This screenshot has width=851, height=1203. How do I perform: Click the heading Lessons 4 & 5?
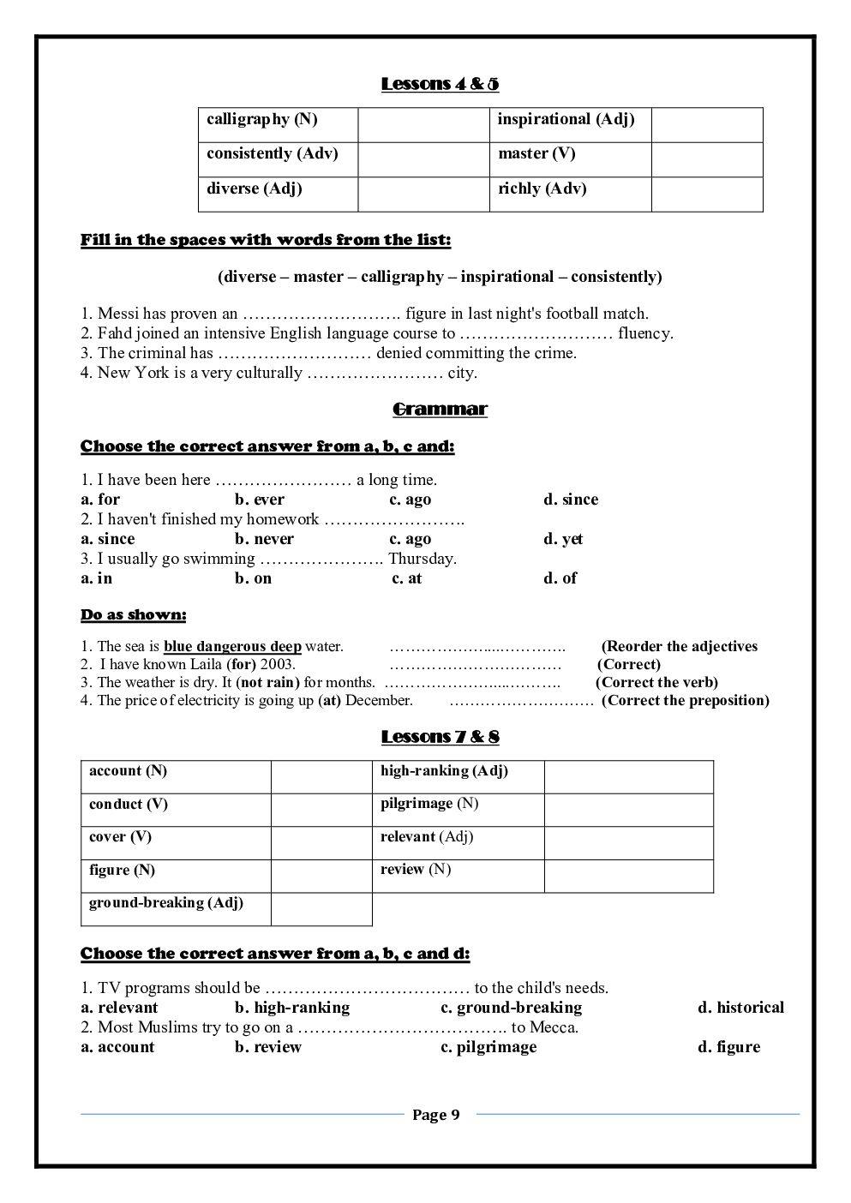[x=440, y=84]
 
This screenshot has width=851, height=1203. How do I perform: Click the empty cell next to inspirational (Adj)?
[x=706, y=125]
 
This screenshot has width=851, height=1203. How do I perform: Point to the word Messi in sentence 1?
[x=117, y=314]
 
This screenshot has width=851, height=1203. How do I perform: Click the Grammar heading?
[x=440, y=410]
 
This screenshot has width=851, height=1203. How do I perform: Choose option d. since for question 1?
[x=571, y=500]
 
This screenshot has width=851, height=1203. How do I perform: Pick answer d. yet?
[x=563, y=539]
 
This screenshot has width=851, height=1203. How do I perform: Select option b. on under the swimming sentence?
[x=253, y=578]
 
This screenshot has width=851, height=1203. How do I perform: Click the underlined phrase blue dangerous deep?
[x=232, y=647]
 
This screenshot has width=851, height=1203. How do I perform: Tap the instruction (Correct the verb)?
[x=656, y=683]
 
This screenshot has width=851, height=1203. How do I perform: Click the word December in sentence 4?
[x=379, y=701]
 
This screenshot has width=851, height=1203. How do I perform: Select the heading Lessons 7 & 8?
[x=440, y=737]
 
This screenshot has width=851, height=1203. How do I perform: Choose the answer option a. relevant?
[x=119, y=1008]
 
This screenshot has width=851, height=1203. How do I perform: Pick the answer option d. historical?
[x=740, y=1008]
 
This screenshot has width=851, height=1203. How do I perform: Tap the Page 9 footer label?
[x=435, y=1115]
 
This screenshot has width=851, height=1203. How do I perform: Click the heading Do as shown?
[x=133, y=615]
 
